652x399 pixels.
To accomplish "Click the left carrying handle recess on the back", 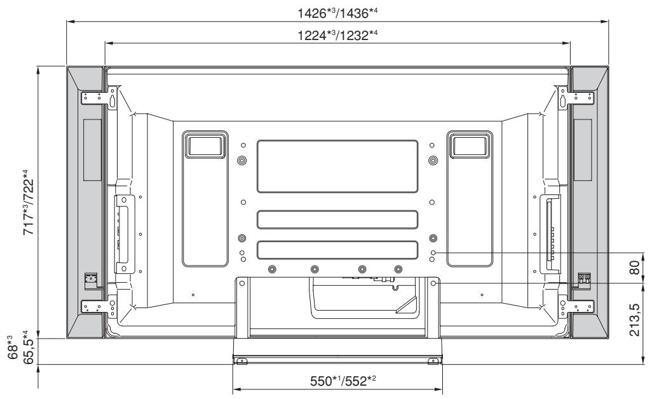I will (205, 145).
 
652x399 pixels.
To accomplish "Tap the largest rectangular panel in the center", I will (337, 167).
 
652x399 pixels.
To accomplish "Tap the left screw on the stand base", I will (241, 360).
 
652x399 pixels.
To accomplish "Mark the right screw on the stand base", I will (433, 360).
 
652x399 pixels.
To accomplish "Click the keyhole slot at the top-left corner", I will (113, 98).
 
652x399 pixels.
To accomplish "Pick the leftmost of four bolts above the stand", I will (272, 269).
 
